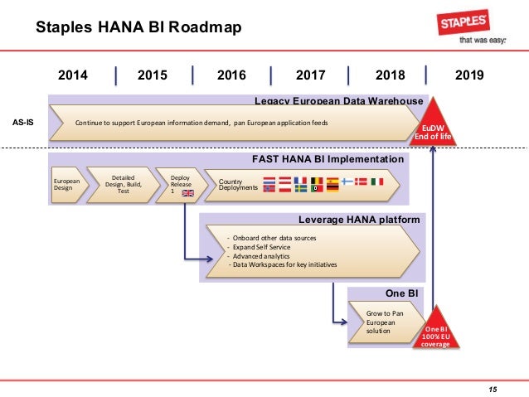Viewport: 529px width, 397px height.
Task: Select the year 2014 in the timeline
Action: pyautogui.click(x=73, y=75)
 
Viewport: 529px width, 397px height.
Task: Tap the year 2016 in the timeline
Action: pyautogui.click(x=231, y=75)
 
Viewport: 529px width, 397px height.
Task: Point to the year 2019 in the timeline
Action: pyautogui.click(x=469, y=75)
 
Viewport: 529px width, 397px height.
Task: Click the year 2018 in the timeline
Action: pyautogui.click(x=390, y=75)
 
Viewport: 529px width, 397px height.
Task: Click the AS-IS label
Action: pyautogui.click(x=23, y=121)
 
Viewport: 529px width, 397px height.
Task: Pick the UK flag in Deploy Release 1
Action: pyautogui.click(x=187, y=193)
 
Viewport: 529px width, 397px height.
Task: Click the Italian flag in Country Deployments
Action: pyautogui.click(x=376, y=182)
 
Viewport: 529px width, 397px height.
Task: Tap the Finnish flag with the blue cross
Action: pyautogui.click(x=347, y=181)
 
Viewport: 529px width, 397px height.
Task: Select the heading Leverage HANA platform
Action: pyautogui.click(x=358, y=220)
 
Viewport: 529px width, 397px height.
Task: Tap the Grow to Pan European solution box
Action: pyautogui.click(x=382, y=322)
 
